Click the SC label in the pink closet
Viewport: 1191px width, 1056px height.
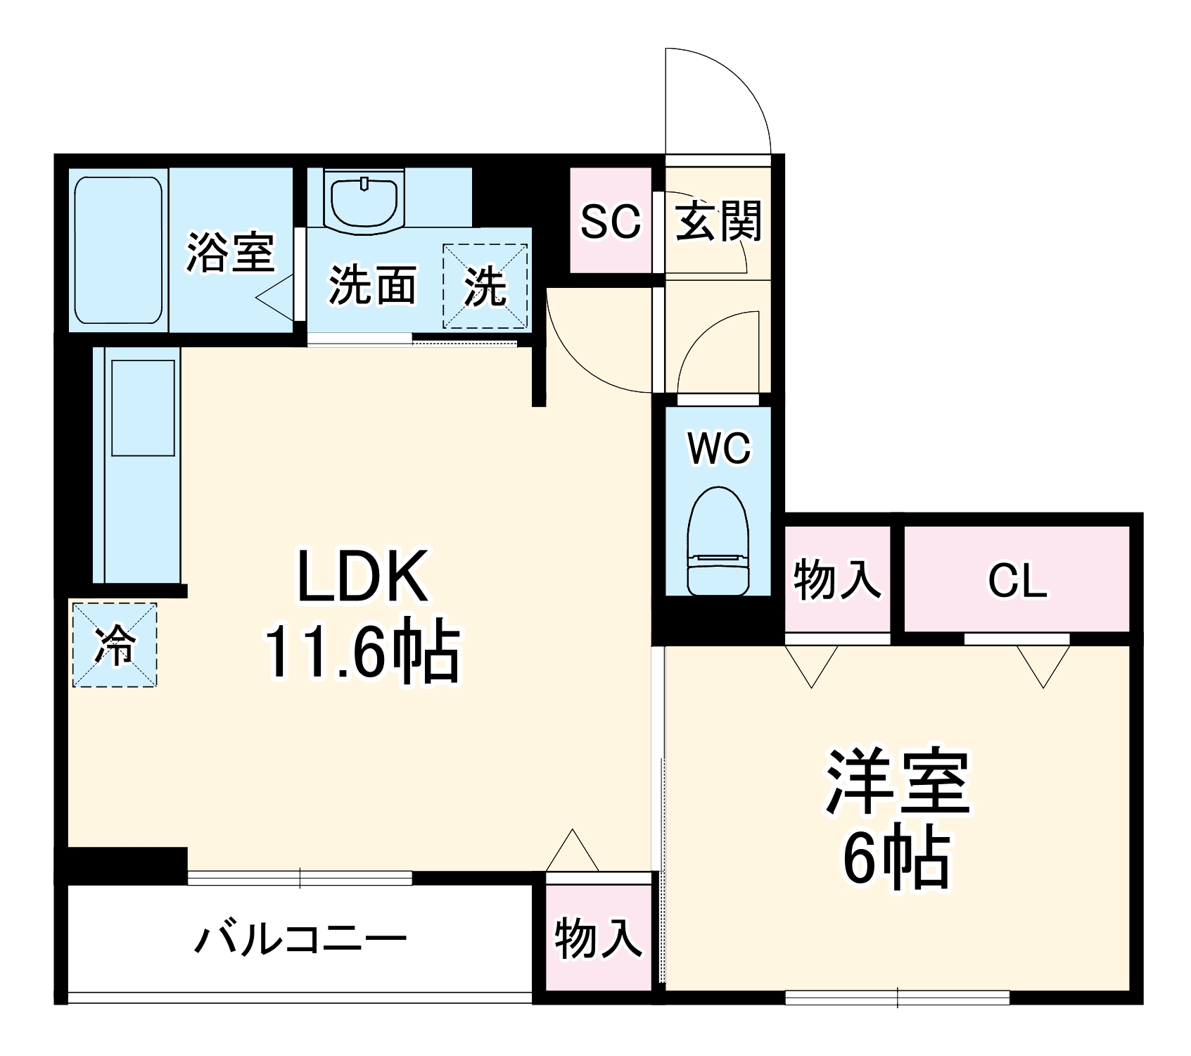610,221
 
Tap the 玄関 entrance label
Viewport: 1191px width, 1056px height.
718,221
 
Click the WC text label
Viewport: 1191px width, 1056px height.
719,448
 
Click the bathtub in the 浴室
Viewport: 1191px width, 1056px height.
119,250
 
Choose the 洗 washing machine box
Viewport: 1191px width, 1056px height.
485,286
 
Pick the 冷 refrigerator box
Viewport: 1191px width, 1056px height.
115,644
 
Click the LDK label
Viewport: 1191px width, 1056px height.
362,577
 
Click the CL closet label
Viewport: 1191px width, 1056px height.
1017,581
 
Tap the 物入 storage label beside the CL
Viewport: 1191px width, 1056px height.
836,580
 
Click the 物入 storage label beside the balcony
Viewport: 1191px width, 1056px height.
598,938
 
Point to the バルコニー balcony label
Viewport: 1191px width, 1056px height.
300,939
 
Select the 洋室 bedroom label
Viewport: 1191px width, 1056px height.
898,782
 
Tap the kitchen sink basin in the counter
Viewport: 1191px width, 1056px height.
143,408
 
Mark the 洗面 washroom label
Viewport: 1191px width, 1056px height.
372,285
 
